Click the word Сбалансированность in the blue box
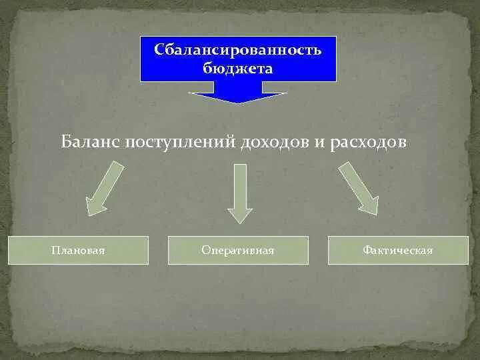[x=238, y=51]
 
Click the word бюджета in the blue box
[x=238, y=67]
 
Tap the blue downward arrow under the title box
[x=237, y=97]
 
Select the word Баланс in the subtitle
[x=90, y=143]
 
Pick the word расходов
[x=368, y=143]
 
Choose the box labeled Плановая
[x=78, y=250]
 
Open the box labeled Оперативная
[x=238, y=250]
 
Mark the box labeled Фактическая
[x=398, y=250]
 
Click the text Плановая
[x=78, y=251]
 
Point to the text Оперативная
[x=238, y=251]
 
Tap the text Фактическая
[x=398, y=251]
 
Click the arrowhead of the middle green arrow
[x=240, y=215]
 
